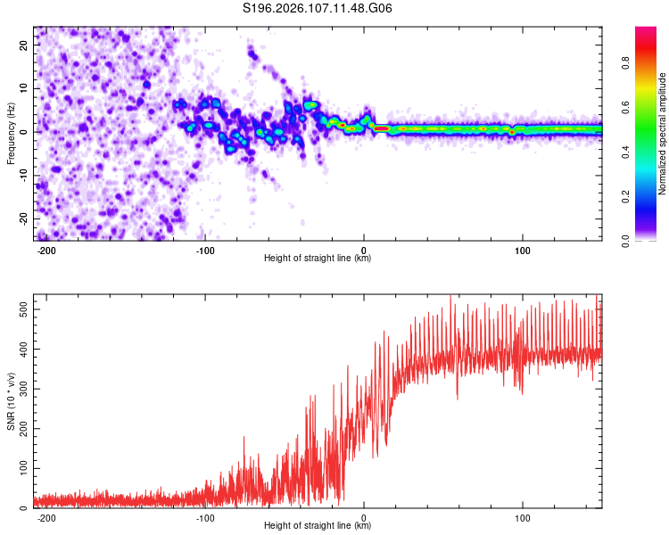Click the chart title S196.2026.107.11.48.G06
click(x=318, y=9)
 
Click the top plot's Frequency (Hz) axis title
click(x=11, y=133)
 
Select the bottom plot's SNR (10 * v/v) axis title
click(x=11, y=401)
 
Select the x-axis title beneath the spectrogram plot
click(x=318, y=259)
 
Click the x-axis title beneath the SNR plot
click(x=318, y=526)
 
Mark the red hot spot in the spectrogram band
click(x=381, y=128)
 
